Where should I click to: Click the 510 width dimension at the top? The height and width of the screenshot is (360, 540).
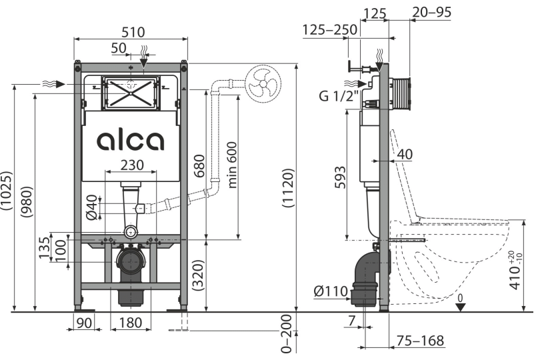pyautogui.click(x=133, y=32)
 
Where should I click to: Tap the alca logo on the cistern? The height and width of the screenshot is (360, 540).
pyautogui.click(x=130, y=141)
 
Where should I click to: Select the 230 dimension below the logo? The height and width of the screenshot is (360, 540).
pyautogui.click(x=132, y=165)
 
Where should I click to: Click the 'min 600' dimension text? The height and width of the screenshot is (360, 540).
pyautogui.click(x=233, y=165)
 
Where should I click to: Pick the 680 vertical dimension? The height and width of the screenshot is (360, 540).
pyautogui.click(x=199, y=166)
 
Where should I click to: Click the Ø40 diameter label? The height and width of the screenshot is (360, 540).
pyautogui.click(x=91, y=207)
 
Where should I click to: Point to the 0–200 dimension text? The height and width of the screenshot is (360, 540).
pyautogui.click(x=287, y=334)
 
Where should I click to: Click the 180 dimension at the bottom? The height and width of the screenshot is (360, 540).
pyautogui.click(x=131, y=323)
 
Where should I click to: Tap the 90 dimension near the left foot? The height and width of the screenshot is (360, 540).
pyautogui.click(x=84, y=323)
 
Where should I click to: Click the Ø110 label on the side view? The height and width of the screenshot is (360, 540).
pyautogui.click(x=331, y=291)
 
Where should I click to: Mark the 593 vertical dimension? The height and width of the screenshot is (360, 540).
pyautogui.click(x=340, y=177)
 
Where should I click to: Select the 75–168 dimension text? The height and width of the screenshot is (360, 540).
pyautogui.click(x=420, y=341)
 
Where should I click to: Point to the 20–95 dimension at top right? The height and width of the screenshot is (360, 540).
pyautogui.click(x=431, y=12)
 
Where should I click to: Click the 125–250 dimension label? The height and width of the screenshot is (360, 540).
pyautogui.click(x=330, y=30)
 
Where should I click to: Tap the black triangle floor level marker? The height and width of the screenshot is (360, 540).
pyautogui.click(x=460, y=307)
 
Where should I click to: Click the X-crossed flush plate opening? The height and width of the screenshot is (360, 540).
pyautogui.click(x=131, y=93)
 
